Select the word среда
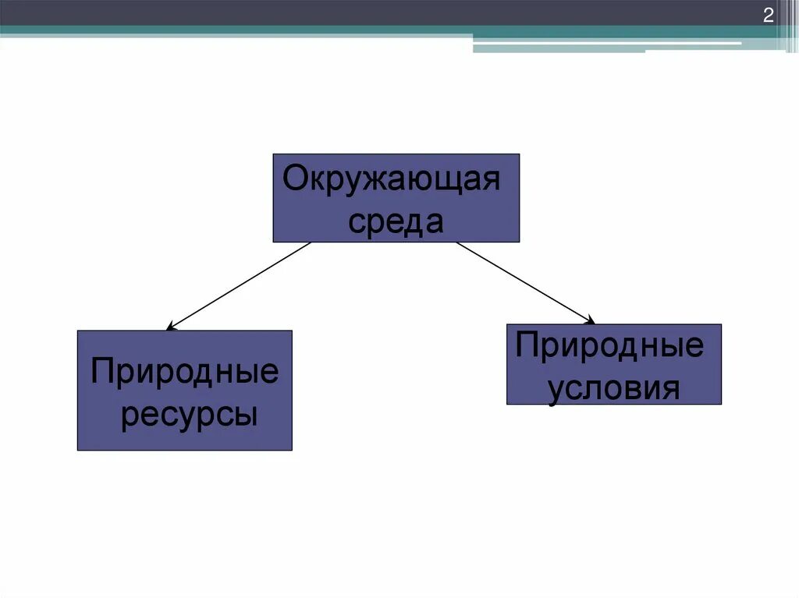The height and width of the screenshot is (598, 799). [396, 221]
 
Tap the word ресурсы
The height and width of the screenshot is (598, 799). [189, 414]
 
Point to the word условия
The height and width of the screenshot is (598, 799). [613, 387]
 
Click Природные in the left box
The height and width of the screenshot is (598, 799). [184, 372]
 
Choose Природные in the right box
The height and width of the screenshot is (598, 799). [609, 345]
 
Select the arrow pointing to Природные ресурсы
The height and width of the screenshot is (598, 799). [238, 285]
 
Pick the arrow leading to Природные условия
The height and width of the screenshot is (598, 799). [524, 282]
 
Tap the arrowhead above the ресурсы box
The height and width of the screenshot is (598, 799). [171, 327]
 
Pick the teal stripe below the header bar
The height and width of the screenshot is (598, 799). [234, 30]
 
